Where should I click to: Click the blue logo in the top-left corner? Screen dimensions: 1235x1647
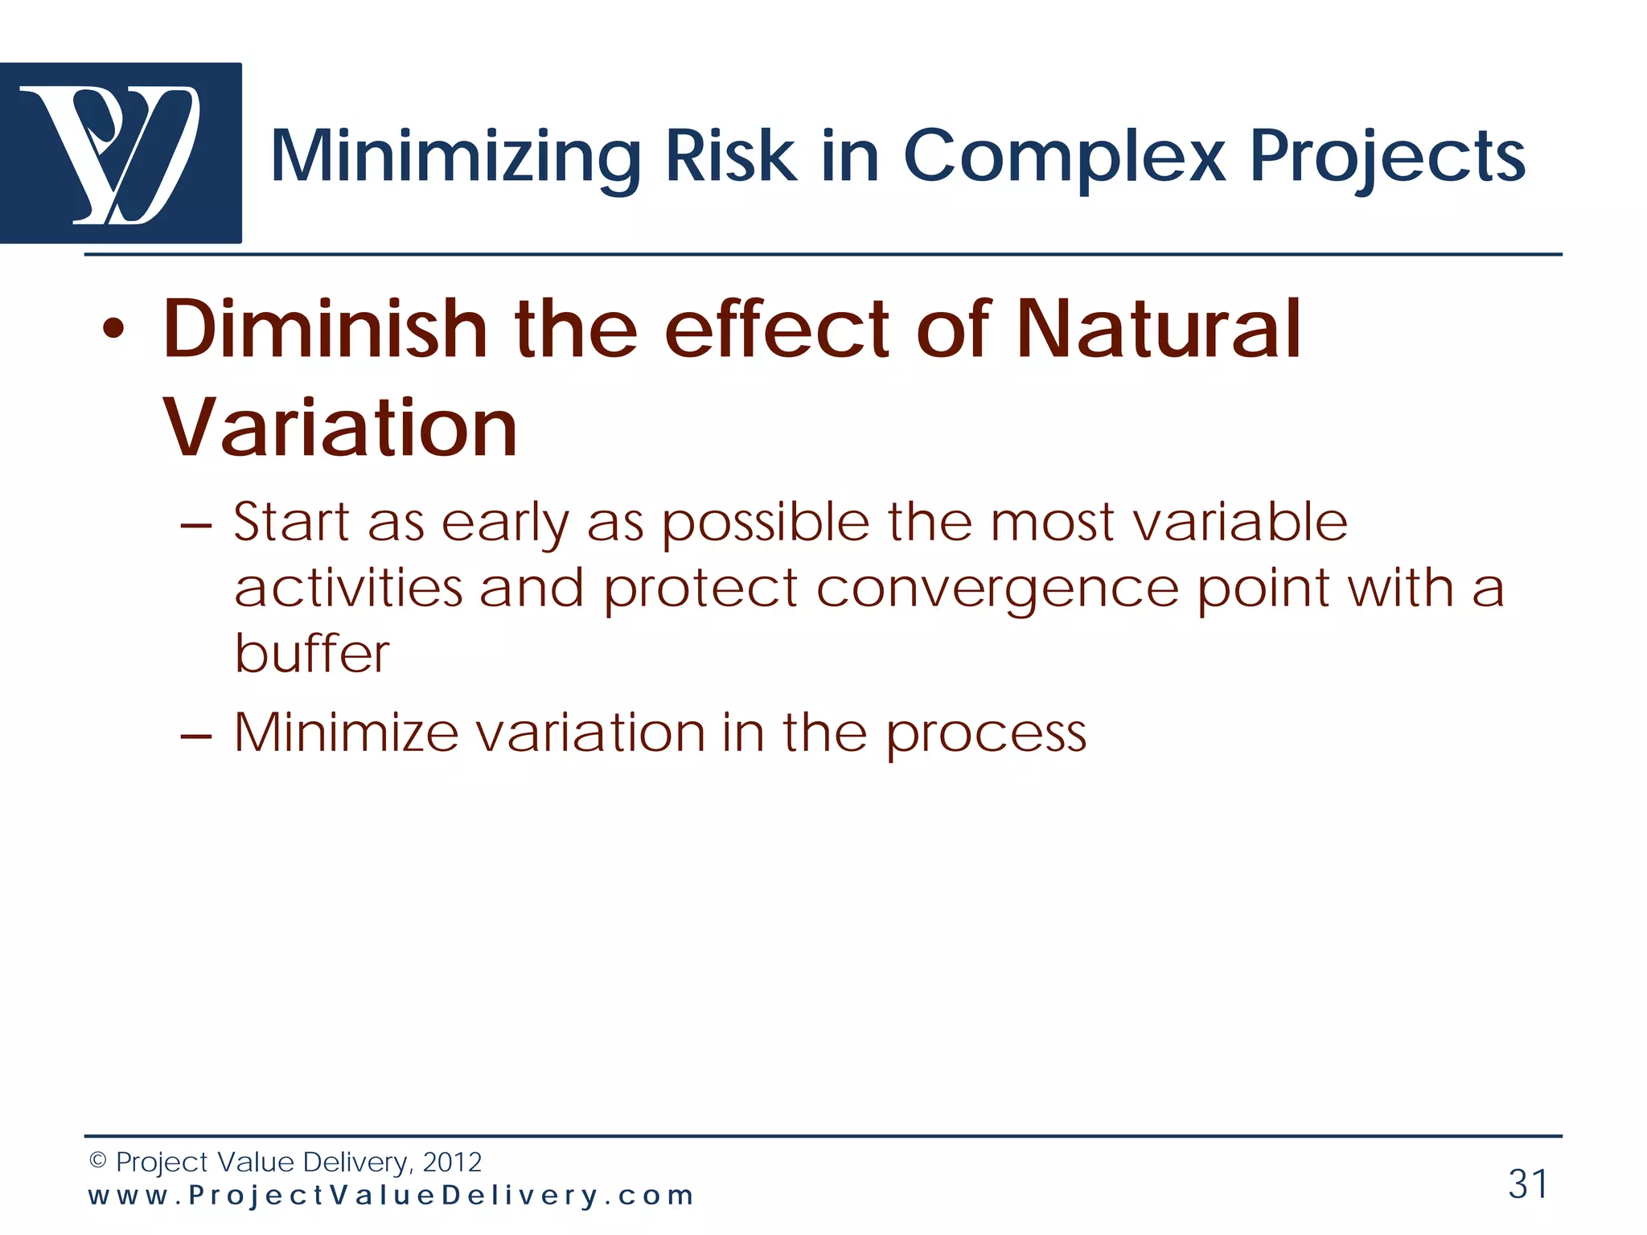tap(121, 153)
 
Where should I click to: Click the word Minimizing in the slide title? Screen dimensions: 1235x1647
tap(455, 157)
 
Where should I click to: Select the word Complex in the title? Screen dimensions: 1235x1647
tap(1065, 157)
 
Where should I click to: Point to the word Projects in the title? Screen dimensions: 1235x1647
tap(1387, 157)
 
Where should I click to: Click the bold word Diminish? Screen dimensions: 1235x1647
tap(326, 330)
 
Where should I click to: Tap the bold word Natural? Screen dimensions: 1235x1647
tap(1158, 330)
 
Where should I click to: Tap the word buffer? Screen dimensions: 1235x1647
tap(312, 653)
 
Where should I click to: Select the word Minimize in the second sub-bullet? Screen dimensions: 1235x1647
tap(346, 733)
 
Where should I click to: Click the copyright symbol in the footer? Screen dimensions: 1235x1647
tap(97, 1160)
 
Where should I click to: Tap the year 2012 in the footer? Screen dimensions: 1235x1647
tap(452, 1162)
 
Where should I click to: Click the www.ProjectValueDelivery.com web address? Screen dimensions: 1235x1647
tap(391, 1196)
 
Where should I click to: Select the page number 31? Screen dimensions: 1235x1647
tap(1527, 1184)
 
